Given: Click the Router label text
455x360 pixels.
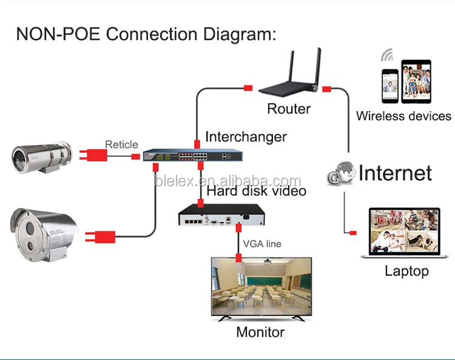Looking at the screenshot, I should [x=289, y=109].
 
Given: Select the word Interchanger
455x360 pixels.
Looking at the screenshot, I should [x=246, y=137].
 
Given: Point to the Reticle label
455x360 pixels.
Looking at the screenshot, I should [x=121, y=144].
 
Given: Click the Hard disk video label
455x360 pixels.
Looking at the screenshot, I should [x=257, y=191].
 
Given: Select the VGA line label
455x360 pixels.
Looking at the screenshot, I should [x=262, y=244].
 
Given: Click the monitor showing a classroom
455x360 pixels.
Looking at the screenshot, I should [x=260, y=288].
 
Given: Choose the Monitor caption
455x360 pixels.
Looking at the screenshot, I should [x=260, y=332].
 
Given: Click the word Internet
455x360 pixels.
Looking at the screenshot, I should [x=395, y=173].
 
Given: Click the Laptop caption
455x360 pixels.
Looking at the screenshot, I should [x=406, y=271].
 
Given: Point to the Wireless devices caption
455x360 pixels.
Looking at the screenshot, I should [x=403, y=116].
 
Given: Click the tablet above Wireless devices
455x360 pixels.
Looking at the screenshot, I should [x=416, y=81].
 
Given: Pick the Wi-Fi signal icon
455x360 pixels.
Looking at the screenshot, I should [x=386, y=55].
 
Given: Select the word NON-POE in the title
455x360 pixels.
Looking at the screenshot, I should [x=58, y=33].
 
